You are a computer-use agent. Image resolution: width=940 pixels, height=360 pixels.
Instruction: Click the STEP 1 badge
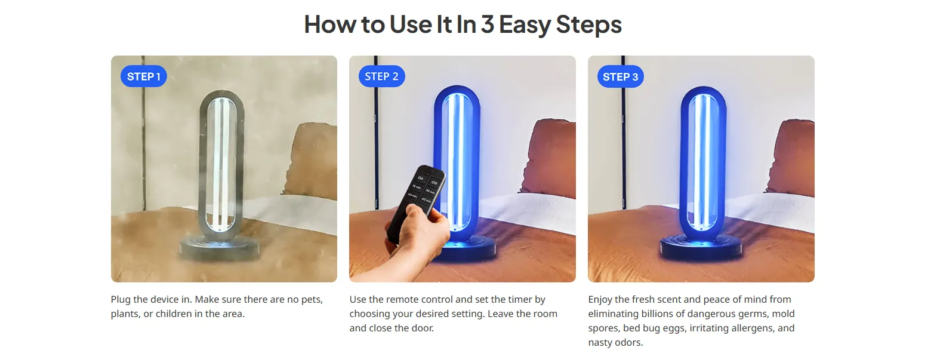143,76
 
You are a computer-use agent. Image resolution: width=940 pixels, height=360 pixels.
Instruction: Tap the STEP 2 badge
381,76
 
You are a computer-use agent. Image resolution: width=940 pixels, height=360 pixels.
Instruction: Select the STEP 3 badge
620,77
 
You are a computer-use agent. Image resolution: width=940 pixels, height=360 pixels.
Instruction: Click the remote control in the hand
415,201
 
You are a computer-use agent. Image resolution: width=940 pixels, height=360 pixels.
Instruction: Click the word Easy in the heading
525,24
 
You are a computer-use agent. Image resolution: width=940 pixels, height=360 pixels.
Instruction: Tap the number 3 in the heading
487,24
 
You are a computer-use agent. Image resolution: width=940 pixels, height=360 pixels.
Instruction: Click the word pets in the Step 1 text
312,300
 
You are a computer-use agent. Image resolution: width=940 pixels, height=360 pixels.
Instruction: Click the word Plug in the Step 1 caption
121,300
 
